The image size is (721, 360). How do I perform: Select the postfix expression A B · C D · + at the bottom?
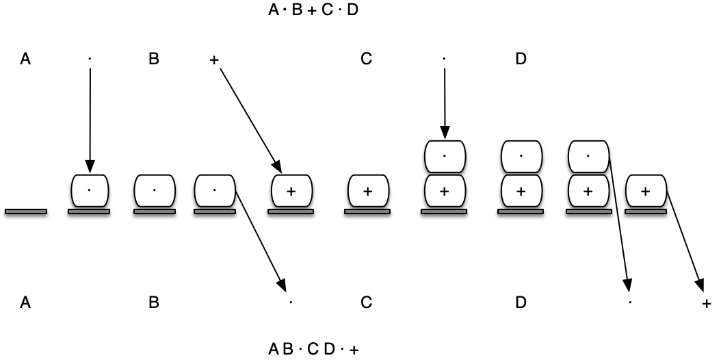pos(313,350)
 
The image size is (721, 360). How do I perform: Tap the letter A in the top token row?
pos(25,60)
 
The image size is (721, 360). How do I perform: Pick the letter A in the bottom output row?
pos(25,303)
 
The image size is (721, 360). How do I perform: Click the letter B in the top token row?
pos(153,60)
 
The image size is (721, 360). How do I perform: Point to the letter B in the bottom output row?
pos(153,303)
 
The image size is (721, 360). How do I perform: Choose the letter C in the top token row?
pos(366,60)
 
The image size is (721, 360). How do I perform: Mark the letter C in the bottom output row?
pos(366,303)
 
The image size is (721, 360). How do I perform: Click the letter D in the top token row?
pos(521,60)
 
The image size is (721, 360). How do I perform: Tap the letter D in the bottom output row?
pos(521,303)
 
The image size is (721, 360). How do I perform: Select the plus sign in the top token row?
pos(213,60)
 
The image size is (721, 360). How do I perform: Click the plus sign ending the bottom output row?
pos(707,303)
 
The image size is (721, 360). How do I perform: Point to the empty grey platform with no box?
pos(26,211)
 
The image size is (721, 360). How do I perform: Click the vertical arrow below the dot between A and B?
pos(90,116)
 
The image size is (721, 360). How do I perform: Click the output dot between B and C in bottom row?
pos(290,302)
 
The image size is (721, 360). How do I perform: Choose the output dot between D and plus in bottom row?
pos(630,302)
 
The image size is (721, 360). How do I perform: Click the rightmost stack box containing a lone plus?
pos(646,192)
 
